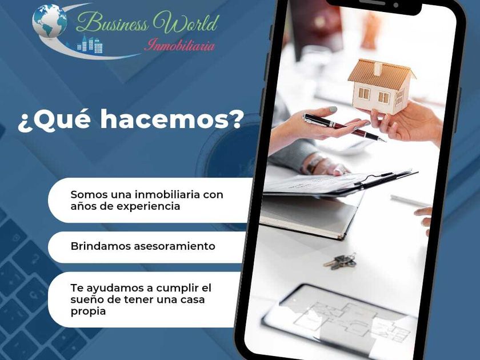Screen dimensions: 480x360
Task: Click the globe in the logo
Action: (x=50, y=21)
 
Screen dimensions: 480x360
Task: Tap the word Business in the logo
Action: (x=112, y=23)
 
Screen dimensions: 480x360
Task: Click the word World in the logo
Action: (x=186, y=22)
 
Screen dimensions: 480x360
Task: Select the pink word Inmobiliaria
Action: (x=179, y=45)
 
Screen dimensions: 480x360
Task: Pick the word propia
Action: (x=88, y=311)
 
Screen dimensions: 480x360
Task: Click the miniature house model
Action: (x=382, y=86)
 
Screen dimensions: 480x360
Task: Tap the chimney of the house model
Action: (x=378, y=69)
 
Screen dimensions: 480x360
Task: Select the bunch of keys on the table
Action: (x=340, y=262)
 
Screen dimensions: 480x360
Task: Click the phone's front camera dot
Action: (x=396, y=5)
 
